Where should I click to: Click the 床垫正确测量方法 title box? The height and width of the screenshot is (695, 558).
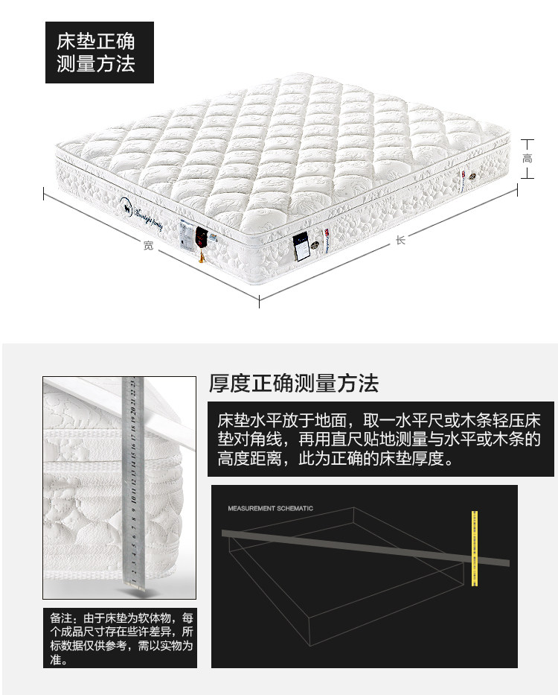(96, 52)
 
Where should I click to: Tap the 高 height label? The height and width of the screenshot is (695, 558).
(527, 159)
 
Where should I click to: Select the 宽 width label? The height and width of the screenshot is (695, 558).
(148, 245)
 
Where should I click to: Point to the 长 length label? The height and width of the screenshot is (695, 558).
(400, 240)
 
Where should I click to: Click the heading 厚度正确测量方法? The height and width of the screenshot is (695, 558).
(294, 384)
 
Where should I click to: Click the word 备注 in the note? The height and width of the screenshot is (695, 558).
(62, 618)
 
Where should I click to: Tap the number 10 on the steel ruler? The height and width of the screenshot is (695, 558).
(130, 492)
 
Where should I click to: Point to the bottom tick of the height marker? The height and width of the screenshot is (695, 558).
(527, 177)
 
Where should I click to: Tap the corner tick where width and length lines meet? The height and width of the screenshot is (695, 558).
(259, 302)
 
